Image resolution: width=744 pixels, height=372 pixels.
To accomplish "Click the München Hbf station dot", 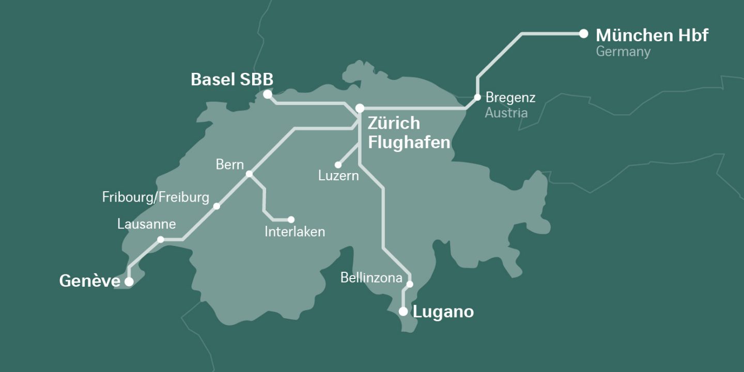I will click(x=583, y=34).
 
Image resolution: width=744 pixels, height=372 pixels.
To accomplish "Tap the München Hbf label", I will click(x=652, y=35).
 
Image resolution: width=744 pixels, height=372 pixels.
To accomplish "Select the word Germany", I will click(x=623, y=52).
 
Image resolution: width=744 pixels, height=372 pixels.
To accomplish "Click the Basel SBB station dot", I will click(x=267, y=95).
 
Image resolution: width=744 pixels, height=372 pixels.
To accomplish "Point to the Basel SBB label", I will click(x=232, y=80).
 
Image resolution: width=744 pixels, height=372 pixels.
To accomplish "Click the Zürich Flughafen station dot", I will click(x=360, y=108).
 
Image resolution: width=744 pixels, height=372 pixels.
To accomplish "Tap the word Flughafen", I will click(x=409, y=142).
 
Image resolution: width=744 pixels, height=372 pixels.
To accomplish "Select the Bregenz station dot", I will click(x=477, y=97).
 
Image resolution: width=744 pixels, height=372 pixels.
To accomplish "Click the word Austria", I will click(x=506, y=113).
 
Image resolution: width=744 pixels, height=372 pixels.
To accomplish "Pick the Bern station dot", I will click(x=249, y=174).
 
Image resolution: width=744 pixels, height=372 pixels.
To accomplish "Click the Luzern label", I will click(x=338, y=176).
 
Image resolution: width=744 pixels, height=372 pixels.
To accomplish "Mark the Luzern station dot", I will click(x=338, y=165).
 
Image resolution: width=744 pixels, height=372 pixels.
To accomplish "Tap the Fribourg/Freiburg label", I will click(x=156, y=197).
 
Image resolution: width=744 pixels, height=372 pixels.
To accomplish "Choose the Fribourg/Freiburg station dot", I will click(x=216, y=206).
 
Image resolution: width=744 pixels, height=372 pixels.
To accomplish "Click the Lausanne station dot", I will click(x=161, y=239).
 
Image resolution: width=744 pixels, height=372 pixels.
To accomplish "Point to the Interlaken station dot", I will click(x=291, y=220).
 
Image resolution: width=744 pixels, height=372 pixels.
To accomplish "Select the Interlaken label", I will click(x=295, y=231).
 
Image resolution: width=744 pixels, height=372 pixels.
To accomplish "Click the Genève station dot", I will click(x=129, y=282).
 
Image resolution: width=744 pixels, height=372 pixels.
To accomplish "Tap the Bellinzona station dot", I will click(x=410, y=284).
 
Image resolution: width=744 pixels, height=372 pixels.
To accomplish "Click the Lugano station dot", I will click(x=403, y=312).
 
